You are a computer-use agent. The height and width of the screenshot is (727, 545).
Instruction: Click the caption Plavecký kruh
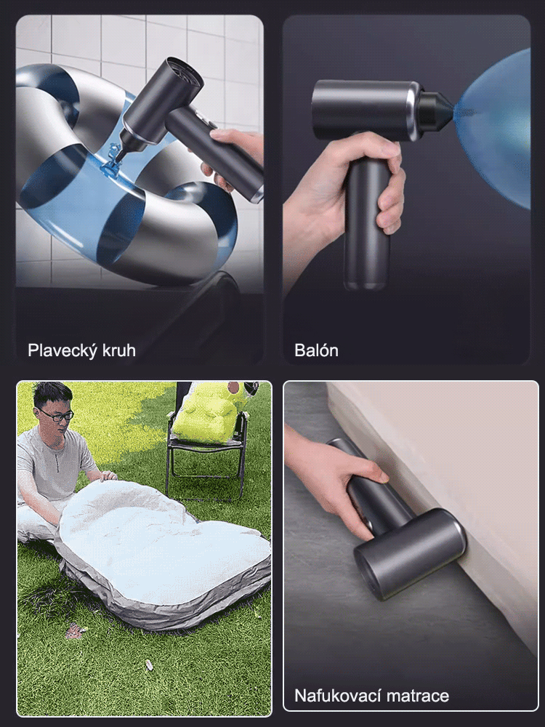click(x=81, y=350)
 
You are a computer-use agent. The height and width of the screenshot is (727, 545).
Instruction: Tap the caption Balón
click(x=316, y=350)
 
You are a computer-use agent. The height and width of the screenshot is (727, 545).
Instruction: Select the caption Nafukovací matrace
click(x=371, y=696)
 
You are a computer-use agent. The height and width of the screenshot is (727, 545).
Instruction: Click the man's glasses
click(x=56, y=415)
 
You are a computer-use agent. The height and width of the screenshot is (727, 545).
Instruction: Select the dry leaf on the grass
click(x=75, y=630)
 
